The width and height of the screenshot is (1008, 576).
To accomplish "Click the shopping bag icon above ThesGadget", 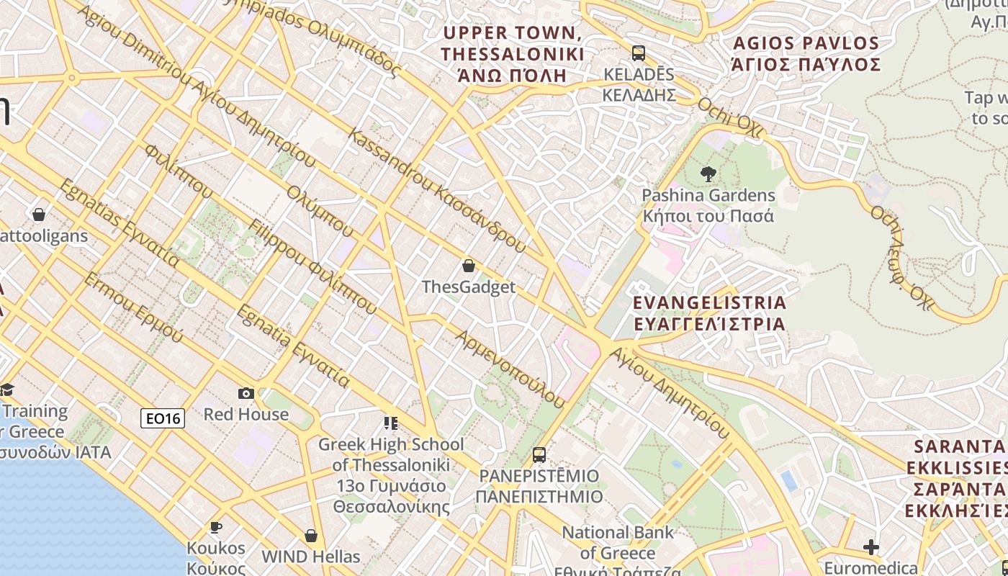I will pyautogui.click(x=469, y=266).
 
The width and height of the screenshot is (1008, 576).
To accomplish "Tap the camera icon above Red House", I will pyautogui.click(x=246, y=393).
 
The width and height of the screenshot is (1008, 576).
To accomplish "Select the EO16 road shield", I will pyautogui.click(x=163, y=418).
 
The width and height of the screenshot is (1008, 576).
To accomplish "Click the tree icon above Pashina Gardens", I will pyautogui.click(x=708, y=174).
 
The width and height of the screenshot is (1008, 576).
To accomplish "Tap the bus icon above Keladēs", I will pyautogui.click(x=638, y=53).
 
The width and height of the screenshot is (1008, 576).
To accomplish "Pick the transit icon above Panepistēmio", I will pyautogui.click(x=539, y=455).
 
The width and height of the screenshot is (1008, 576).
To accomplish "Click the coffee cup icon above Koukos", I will pyautogui.click(x=215, y=528).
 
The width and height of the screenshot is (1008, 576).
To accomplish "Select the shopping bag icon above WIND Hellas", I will pyautogui.click(x=311, y=536).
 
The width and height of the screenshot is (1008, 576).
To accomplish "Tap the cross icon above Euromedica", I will pyautogui.click(x=871, y=547).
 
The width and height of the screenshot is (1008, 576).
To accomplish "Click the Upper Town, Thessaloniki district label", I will pyautogui.click(x=512, y=54).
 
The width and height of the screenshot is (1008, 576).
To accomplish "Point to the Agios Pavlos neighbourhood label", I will pyautogui.click(x=806, y=54).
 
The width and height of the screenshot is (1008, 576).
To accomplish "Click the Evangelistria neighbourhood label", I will pyautogui.click(x=709, y=312).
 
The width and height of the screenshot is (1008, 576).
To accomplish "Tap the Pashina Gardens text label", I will pyautogui.click(x=708, y=205).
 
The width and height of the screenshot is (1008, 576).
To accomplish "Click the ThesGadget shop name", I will pyautogui.click(x=469, y=287).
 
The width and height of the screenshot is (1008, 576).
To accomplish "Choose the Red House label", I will pyautogui.click(x=246, y=414).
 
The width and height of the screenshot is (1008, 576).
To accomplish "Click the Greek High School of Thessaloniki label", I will pyautogui.click(x=391, y=475).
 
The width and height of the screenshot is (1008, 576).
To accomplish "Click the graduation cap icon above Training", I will pyautogui.click(x=6, y=390).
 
